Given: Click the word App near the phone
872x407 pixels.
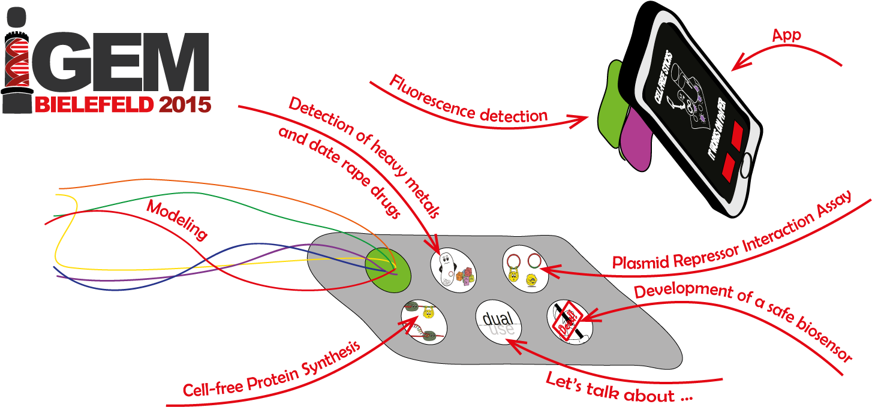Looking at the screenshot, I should [x=786, y=36].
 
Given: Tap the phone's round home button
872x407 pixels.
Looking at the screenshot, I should [x=745, y=169].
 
